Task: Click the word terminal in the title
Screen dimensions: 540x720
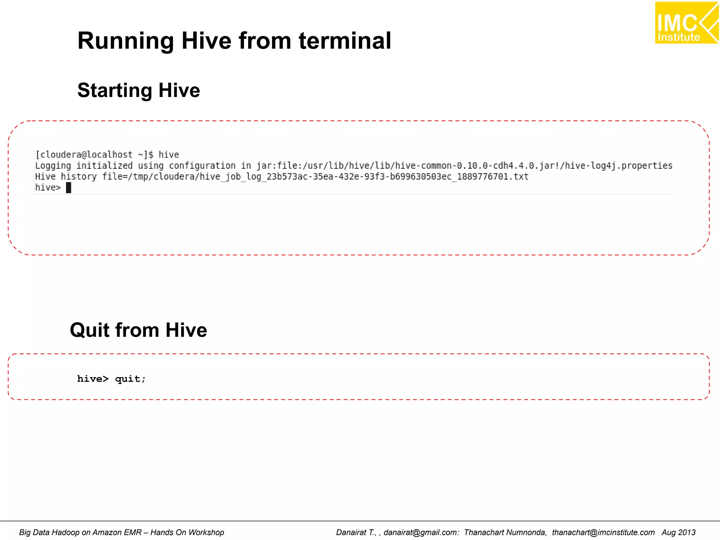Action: click(x=345, y=41)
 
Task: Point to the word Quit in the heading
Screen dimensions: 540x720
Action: click(x=90, y=330)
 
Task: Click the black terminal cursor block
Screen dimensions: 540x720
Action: click(x=69, y=188)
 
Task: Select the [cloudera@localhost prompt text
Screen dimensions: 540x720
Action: click(x=84, y=155)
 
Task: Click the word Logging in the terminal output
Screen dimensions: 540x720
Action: click(x=53, y=166)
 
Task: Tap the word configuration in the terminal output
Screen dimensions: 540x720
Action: click(x=202, y=166)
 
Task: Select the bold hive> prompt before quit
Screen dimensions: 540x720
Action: click(x=93, y=379)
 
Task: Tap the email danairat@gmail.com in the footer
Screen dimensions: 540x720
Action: click(x=421, y=533)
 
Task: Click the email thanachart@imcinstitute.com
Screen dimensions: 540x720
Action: click(x=603, y=533)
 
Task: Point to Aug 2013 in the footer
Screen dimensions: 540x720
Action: click(x=679, y=533)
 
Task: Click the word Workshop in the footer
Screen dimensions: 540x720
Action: click(x=206, y=533)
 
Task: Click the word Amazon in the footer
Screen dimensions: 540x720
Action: click(x=105, y=533)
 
